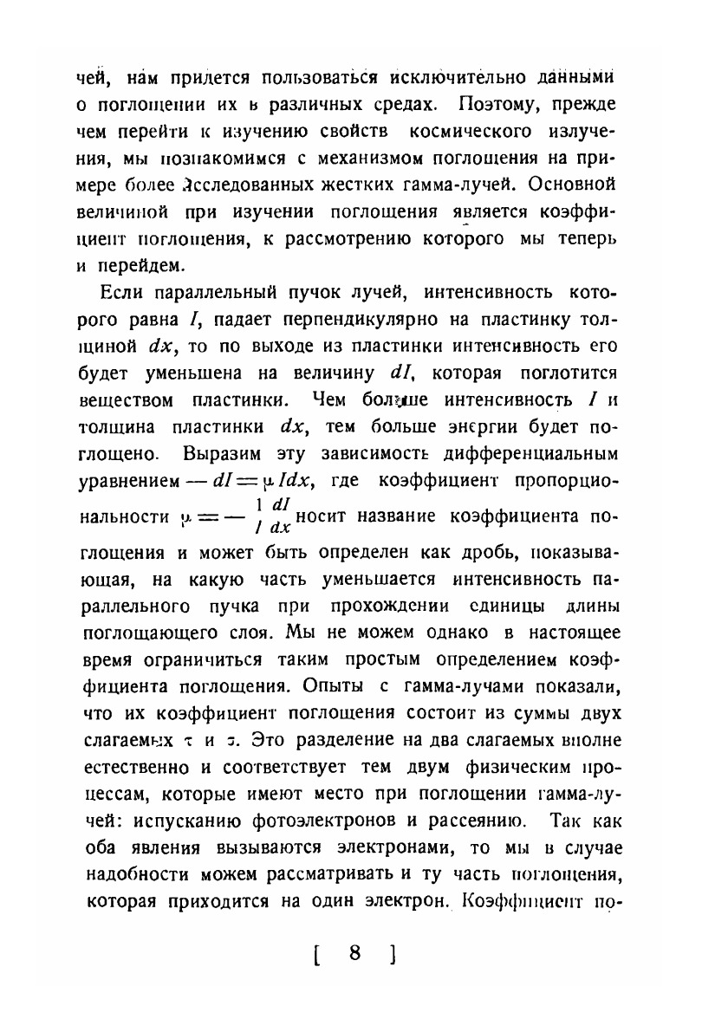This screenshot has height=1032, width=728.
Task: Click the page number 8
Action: pyautogui.click(x=354, y=953)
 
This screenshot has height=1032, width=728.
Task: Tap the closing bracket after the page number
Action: pyautogui.click(x=393, y=955)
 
